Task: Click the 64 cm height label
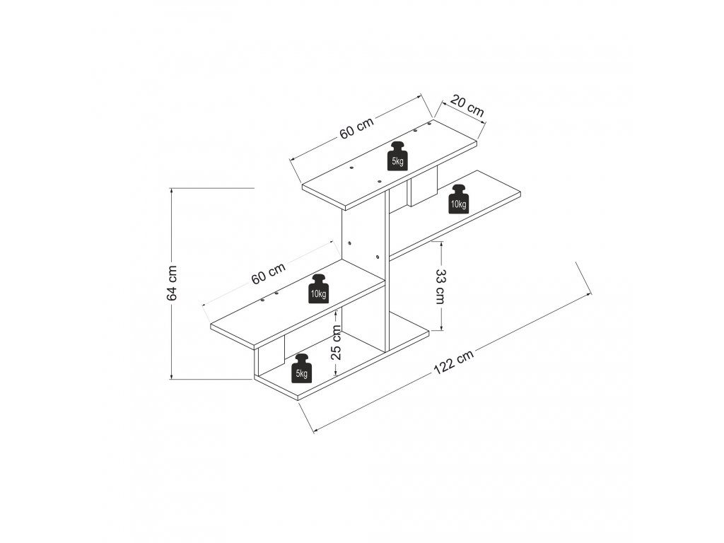pyautogui.click(x=172, y=283)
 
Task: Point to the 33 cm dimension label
pyautogui.click(x=440, y=286)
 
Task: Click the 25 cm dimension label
pyautogui.click(x=337, y=343)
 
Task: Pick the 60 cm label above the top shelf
pyautogui.click(x=356, y=128)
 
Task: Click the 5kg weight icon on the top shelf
pyautogui.click(x=398, y=156)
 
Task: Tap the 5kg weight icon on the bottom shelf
pyautogui.click(x=302, y=368)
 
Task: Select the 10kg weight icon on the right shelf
pyautogui.click(x=458, y=199)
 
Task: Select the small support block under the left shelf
pyautogui.click(x=270, y=355)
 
